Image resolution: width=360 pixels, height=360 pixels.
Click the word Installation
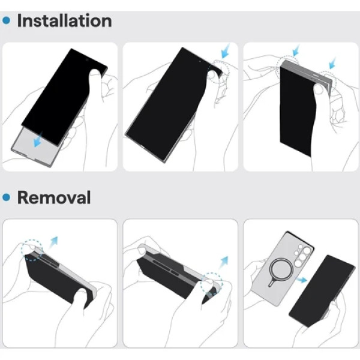[x=65, y=20]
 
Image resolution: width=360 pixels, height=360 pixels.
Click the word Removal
[x=54, y=197]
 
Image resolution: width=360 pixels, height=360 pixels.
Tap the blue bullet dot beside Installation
[x=6, y=20]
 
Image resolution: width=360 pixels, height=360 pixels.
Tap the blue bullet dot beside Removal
[x=6, y=197]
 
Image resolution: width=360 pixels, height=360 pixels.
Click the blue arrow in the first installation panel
[x=38, y=139]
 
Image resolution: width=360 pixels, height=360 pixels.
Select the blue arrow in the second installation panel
[x=226, y=52]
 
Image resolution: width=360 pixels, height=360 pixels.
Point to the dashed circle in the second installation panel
[x=218, y=71]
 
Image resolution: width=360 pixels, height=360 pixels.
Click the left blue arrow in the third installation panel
[x=296, y=50]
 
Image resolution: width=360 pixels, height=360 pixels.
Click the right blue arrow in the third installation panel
[x=332, y=63]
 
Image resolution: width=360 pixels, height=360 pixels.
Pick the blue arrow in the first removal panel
[x=53, y=242]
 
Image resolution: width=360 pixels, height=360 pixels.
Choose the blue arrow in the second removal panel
[x=223, y=262]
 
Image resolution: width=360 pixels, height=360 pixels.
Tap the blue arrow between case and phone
[x=302, y=280]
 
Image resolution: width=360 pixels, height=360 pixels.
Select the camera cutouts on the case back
[x=303, y=255]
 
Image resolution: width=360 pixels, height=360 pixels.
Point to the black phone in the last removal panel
[x=322, y=291]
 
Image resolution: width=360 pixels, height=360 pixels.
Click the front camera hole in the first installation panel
[x=87, y=59]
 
